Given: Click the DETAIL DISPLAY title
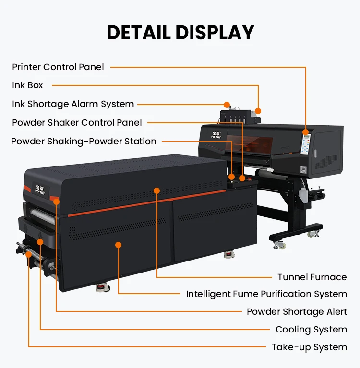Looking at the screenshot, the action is click(180, 33).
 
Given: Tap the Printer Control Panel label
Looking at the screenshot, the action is click(58, 67).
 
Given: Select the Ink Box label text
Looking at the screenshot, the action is click(27, 85).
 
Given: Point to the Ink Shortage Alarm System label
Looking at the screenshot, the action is click(73, 104).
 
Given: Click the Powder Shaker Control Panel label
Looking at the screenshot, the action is click(77, 122).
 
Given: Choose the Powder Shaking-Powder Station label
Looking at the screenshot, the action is click(84, 141).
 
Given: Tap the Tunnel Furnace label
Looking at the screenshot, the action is click(312, 277).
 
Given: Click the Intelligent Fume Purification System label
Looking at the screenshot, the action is click(266, 294).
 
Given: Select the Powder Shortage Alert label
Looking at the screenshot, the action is click(297, 312).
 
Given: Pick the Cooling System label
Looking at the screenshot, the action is click(311, 330).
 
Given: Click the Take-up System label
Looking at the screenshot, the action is click(309, 347).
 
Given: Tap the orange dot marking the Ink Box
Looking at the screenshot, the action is click(258, 111).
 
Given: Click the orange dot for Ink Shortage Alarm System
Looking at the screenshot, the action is click(227, 105).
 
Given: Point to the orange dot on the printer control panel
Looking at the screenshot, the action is click(305, 132).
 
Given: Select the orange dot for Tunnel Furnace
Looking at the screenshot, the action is click(156, 190).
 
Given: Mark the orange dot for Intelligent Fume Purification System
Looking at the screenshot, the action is click(119, 245).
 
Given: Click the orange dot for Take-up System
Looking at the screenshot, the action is click(29, 254).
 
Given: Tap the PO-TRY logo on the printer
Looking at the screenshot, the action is click(216, 135).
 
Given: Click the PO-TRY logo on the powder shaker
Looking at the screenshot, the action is click(40, 190).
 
